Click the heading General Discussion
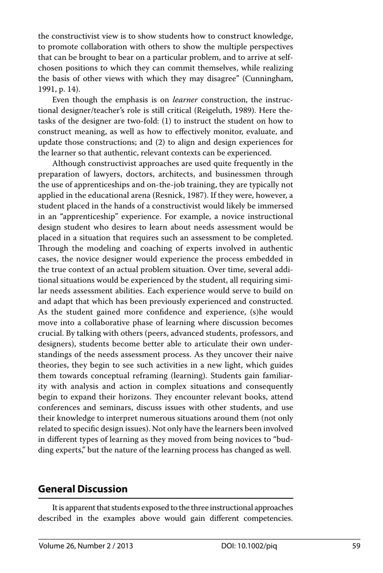pyautogui.click(x=83, y=489)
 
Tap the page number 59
pyautogui.click(x=356, y=546)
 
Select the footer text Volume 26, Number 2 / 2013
pyautogui.click(x=86, y=546)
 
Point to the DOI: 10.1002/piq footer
pyautogui.click(x=249, y=546)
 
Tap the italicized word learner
pyautogui.click(x=185, y=100)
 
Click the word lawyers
pyautogui.click(x=106, y=174)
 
